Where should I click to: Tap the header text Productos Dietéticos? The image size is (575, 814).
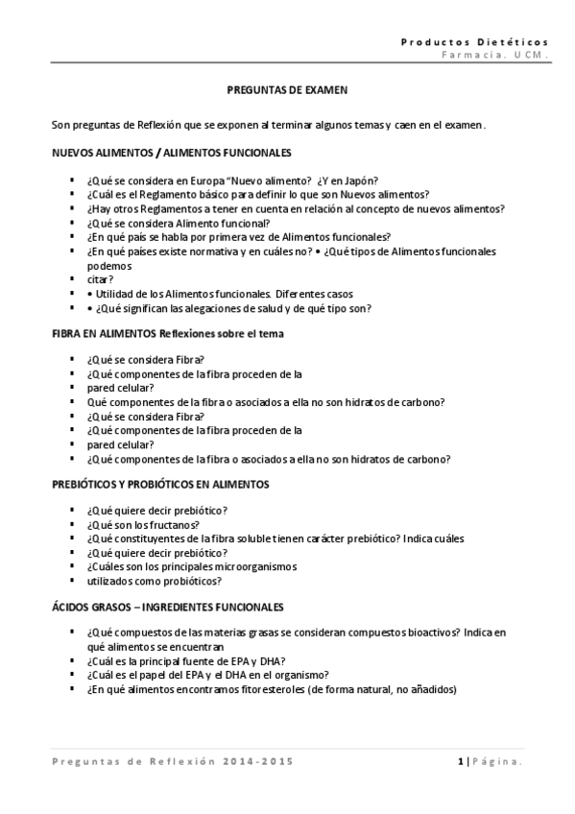coord(474,42)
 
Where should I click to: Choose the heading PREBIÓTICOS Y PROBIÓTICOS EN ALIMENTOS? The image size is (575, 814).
coord(160,484)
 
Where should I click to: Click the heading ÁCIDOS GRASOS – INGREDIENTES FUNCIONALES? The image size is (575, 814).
coord(167,607)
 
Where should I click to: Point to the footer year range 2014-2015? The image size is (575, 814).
coord(257,761)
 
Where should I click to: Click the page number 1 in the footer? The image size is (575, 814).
coord(461,761)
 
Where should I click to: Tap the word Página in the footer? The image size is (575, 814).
coord(497,761)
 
